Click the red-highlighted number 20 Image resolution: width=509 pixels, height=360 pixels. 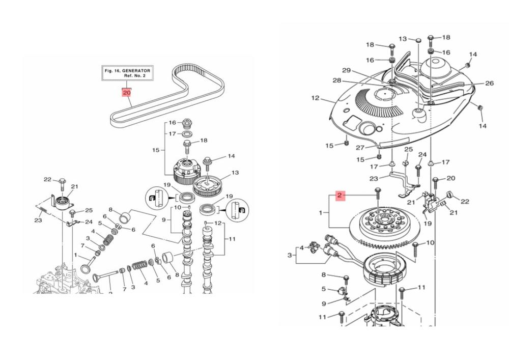pos(126,93)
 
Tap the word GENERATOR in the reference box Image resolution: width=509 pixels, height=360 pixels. pos(135,71)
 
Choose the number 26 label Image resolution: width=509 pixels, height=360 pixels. pos(489,83)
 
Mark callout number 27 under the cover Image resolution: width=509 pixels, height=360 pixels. pos(360,148)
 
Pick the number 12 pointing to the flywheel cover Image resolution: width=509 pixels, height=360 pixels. pos(315,98)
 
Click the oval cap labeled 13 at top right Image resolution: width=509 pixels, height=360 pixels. pos(416,39)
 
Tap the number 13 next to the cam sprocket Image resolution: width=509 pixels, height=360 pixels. pos(235,173)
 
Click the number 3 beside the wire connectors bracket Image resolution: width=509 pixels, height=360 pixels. pos(291,255)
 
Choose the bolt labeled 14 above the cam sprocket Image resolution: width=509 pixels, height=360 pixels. pos(208,163)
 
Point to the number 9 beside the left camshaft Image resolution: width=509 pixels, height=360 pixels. pos(164,219)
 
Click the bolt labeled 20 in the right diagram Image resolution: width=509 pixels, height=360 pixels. pos(435,180)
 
